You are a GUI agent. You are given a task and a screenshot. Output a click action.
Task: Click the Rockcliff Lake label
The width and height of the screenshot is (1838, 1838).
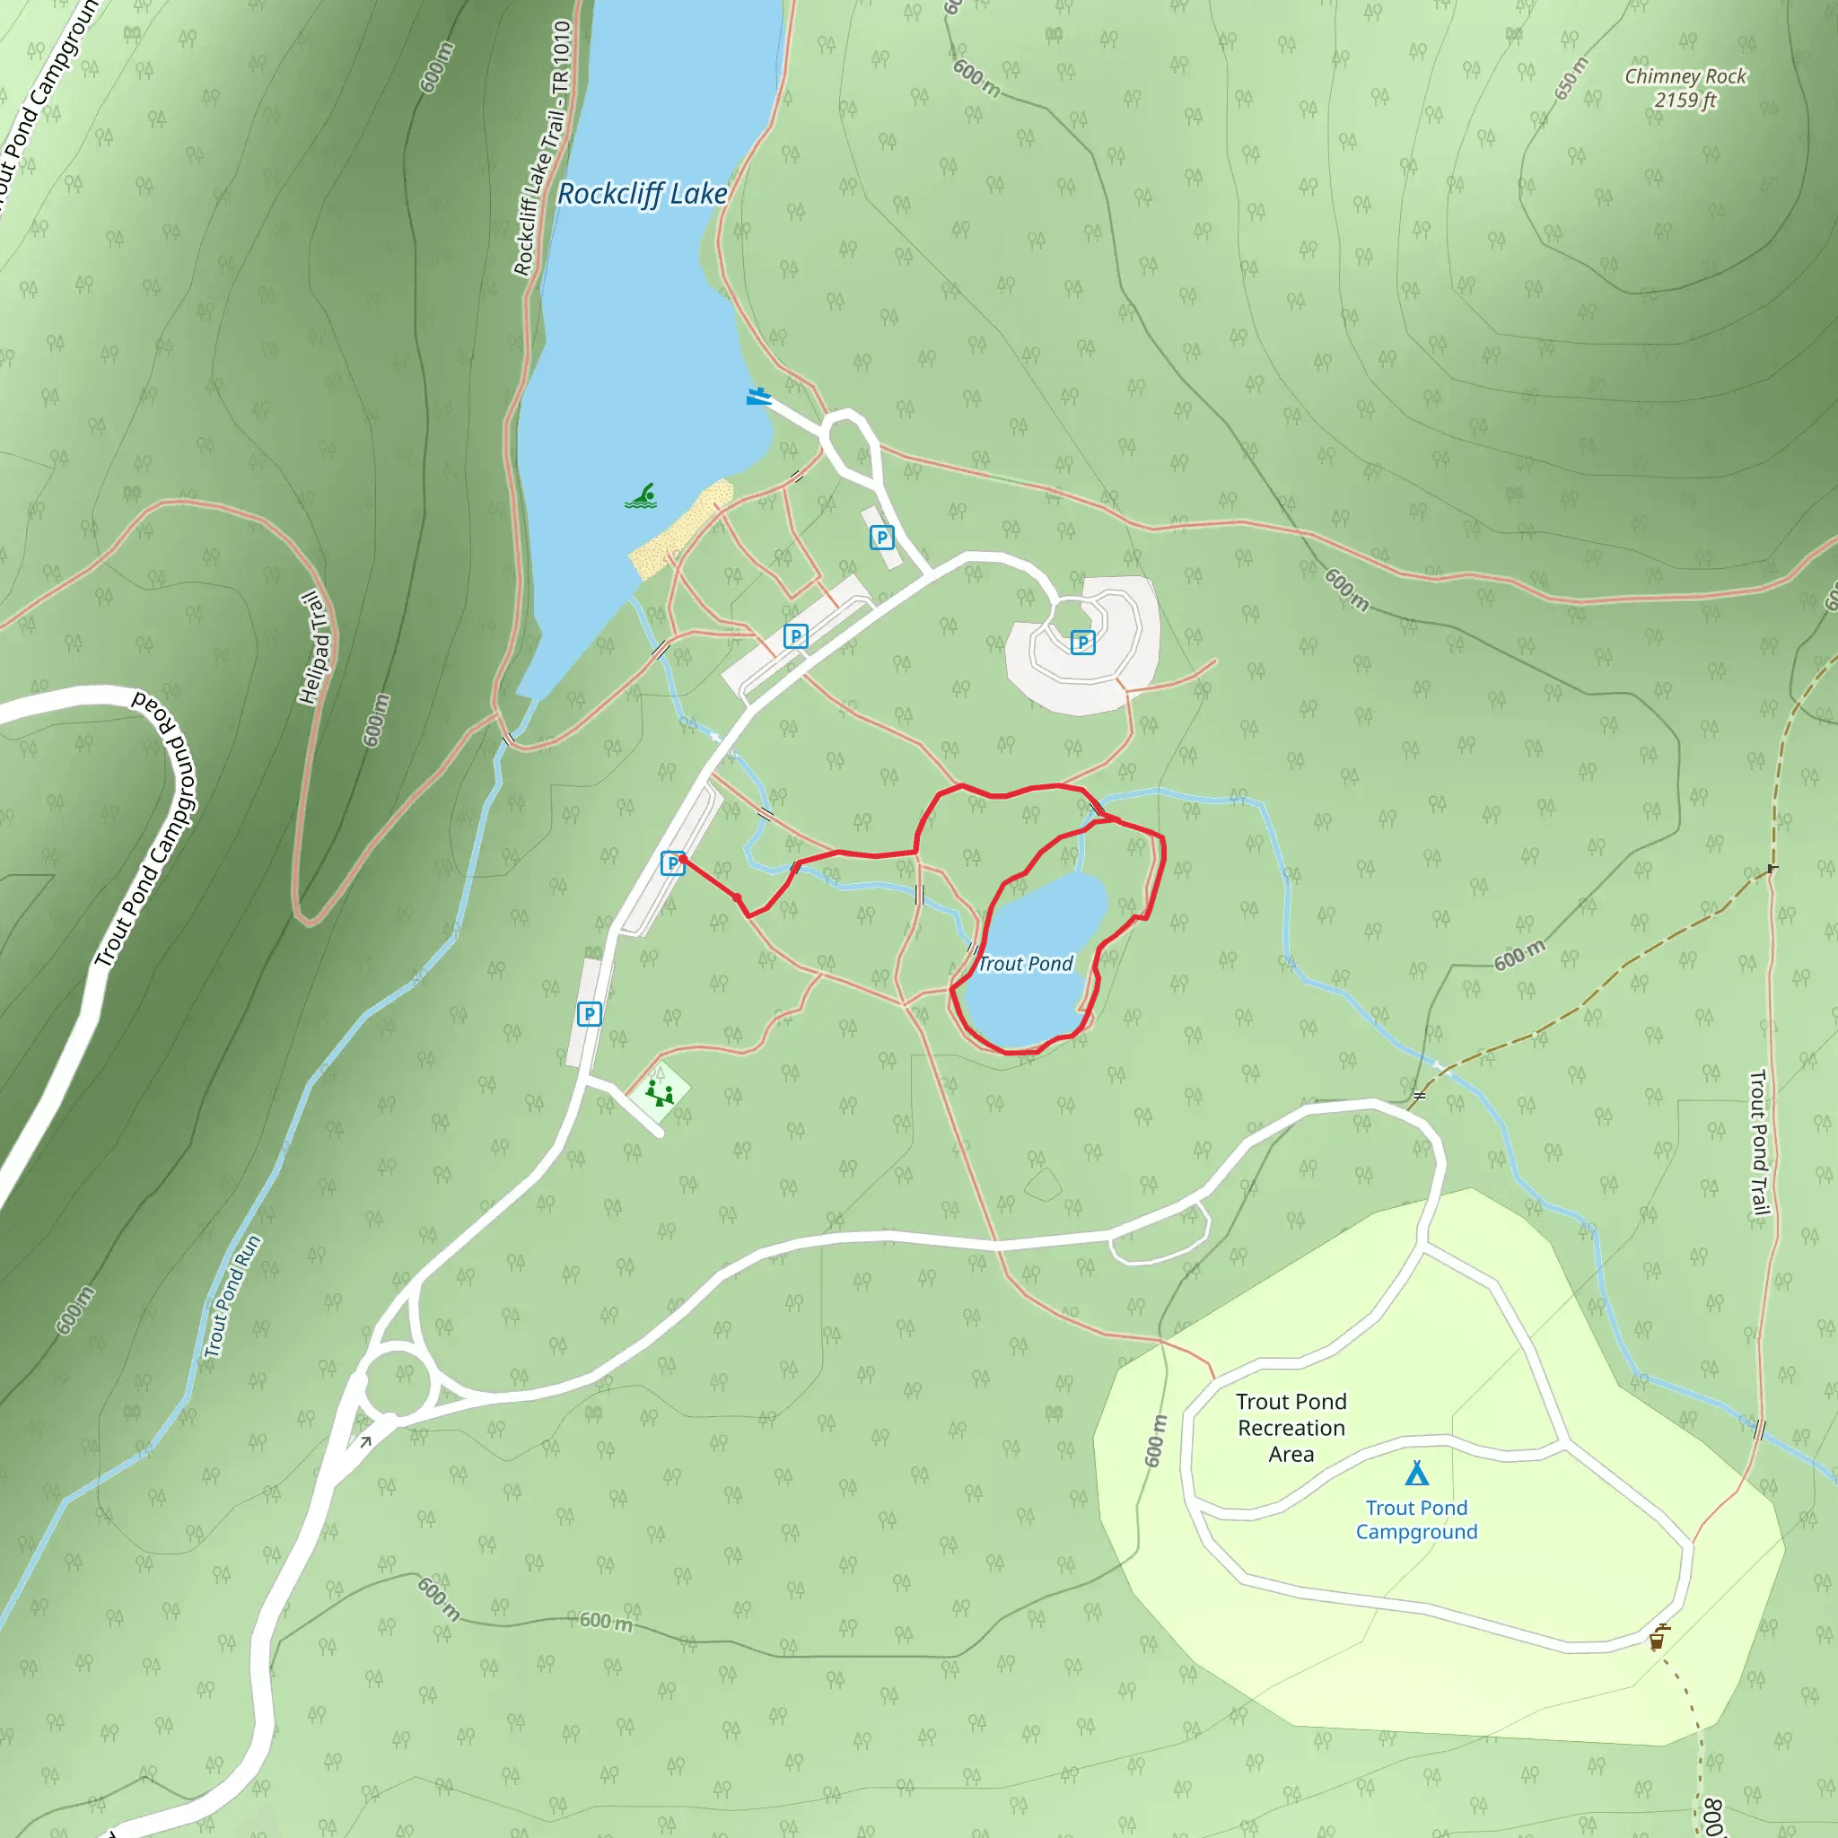[643, 194]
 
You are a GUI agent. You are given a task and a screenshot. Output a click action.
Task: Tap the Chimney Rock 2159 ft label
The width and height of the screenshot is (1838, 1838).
[1685, 88]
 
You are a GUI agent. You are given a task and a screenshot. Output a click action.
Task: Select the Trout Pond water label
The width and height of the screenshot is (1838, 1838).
[1025, 964]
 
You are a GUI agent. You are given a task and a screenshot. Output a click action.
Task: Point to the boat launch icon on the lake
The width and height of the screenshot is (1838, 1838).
[757, 397]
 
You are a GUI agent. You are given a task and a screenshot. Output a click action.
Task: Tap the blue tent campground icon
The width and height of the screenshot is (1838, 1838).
[1416, 1474]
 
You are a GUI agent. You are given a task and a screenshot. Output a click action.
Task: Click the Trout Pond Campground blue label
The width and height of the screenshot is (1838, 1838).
[1416, 1519]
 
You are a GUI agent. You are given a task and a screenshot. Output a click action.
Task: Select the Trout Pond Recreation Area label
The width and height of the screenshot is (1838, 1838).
[1291, 1427]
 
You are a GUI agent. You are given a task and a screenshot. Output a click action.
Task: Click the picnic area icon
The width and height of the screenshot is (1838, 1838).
[660, 1092]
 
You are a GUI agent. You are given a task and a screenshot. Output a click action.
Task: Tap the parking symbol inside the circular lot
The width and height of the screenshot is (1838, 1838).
[1081, 643]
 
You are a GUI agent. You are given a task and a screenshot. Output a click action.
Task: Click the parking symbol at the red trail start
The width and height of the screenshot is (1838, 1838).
[671, 862]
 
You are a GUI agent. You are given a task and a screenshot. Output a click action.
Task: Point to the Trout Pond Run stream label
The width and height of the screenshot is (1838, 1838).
[232, 1296]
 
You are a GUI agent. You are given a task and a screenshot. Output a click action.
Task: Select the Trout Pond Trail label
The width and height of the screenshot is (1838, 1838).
[1759, 1142]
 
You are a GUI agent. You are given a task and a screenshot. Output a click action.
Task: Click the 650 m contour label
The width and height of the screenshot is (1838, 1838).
[1571, 78]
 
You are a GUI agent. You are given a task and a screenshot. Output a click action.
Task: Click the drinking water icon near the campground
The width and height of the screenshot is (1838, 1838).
[1658, 1638]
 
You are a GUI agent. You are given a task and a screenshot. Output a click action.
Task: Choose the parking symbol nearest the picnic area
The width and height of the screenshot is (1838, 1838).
[589, 1014]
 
